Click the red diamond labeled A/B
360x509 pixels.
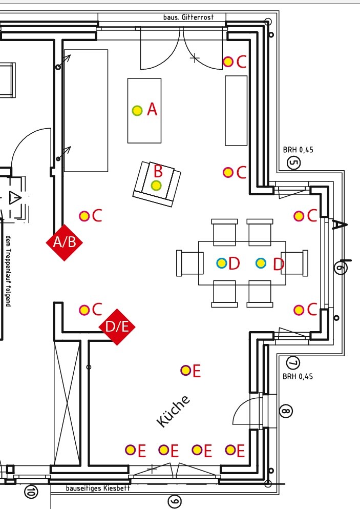[x=64, y=242]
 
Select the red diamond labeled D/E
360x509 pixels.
[x=117, y=327]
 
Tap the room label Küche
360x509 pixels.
[x=173, y=411]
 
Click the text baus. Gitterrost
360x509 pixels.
[x=194, y=17]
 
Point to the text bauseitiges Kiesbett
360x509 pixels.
[x=98, y=488]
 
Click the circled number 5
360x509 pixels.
[x=294, y=164]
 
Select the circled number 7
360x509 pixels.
[x=293, y=363]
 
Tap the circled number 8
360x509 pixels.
[x=286, y=411]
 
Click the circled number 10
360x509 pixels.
[x=31, y=492]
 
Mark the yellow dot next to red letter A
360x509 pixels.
[x=137, y=110]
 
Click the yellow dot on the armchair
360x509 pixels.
[x=156, y=185]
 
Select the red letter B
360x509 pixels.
[x=158, y=171]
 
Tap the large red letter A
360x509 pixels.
[x=152, y=109]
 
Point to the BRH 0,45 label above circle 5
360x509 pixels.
[x=298, y=150]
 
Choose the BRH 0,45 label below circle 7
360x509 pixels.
[x=298, y=376]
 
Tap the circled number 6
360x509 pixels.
[x=340, y=267]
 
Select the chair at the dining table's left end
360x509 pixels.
[x=186, y=263]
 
